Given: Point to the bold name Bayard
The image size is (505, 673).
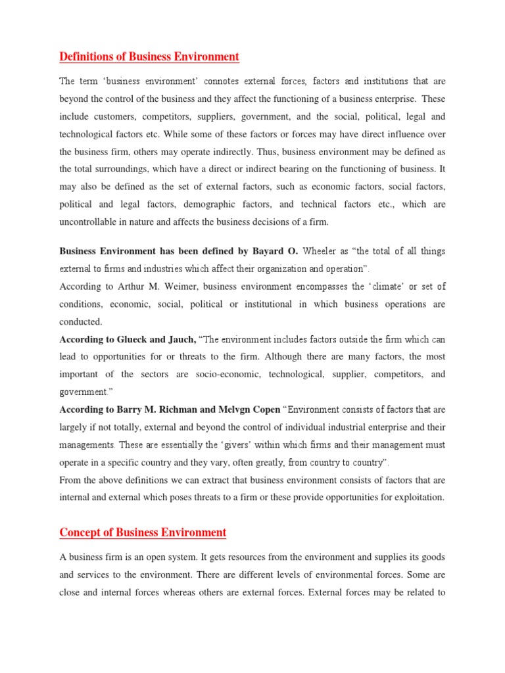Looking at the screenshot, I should (270, 251).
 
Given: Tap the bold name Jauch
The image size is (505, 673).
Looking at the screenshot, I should (178, 339).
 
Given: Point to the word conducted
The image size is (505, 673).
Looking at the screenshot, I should (81, 322).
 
